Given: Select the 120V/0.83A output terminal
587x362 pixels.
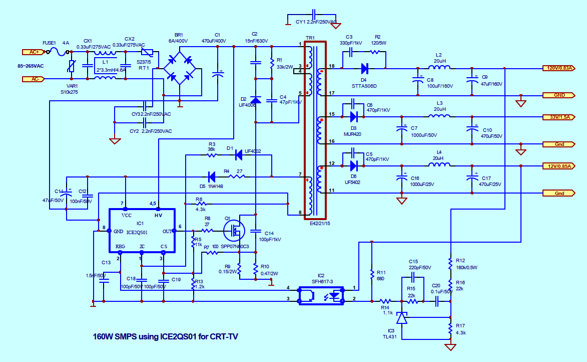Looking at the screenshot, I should coord(559,68).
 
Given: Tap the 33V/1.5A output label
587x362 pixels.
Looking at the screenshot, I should coord(559,117).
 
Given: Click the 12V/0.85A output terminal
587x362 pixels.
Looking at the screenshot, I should coord(559,165).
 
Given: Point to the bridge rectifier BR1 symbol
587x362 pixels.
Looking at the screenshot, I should coord(179,69).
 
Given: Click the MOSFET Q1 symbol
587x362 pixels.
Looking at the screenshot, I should coord(233,231).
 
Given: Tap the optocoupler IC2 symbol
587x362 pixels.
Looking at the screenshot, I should coord(322,295).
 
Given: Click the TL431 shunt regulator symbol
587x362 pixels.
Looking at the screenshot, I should coord(401,318).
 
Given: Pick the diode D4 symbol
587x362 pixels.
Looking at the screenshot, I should coord(364,68).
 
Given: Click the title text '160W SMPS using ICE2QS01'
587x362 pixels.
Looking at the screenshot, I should coord(166,336).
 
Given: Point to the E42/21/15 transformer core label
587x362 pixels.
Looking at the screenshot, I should coord(320,224).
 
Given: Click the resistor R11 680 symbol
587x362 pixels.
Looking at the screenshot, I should coord(372,275).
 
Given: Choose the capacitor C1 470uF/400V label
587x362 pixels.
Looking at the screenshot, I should coord(214,41).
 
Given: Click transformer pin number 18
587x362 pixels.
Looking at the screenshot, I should coord(332,67).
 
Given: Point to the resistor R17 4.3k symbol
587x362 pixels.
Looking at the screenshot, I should coord(450,328).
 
